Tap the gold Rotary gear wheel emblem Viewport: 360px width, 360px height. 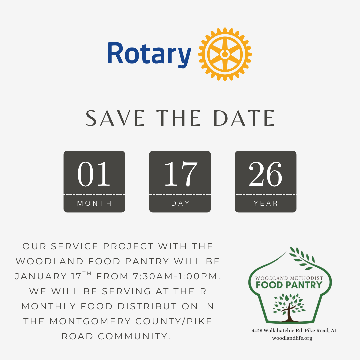(x=225, y=54)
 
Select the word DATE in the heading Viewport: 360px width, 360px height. (x=244, y=118)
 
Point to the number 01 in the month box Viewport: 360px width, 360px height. (x=94, y=174)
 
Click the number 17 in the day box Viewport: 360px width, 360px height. (x=181, y=174)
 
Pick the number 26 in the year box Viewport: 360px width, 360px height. (x=265, y=174)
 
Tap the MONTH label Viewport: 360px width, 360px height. (x=94, y=203)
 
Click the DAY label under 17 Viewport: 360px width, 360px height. (x=180, y=203)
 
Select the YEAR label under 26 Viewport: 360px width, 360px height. (x=266, y=203)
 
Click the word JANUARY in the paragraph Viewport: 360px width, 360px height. (x=41, y=276)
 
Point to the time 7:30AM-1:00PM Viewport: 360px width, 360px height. (x=177, y=276)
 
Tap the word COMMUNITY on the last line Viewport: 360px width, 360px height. (x=134, y=336)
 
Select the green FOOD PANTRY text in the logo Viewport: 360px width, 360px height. (x=289, y=285)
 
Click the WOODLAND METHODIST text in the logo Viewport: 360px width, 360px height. (x=289, y=278)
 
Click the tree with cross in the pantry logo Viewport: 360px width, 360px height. (x=289, y=308)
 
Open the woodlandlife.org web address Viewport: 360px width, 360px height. (x=292, y=338)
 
